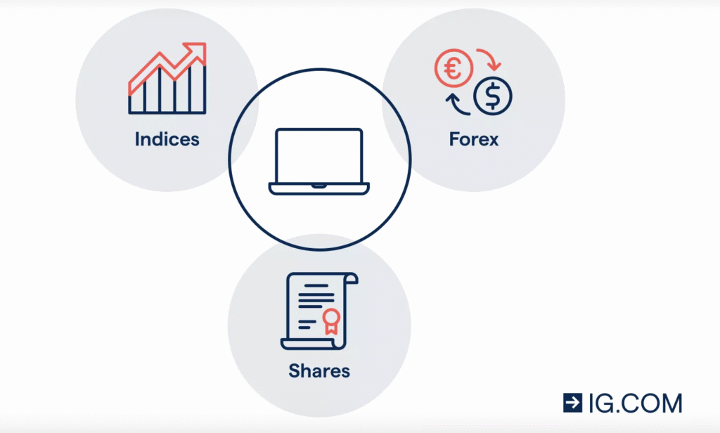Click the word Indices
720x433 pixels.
167,139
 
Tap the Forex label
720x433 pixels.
474,139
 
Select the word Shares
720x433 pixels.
319,370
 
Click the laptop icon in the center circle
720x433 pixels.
319,161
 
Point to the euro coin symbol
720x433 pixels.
451,69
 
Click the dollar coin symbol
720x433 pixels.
493,97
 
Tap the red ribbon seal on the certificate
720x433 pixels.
330,321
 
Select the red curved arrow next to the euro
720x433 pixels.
489,60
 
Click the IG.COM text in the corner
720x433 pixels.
636,403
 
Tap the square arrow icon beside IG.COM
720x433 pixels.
572,403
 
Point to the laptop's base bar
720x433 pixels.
319,188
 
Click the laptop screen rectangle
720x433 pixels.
319,155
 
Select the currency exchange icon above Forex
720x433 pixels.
473,83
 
